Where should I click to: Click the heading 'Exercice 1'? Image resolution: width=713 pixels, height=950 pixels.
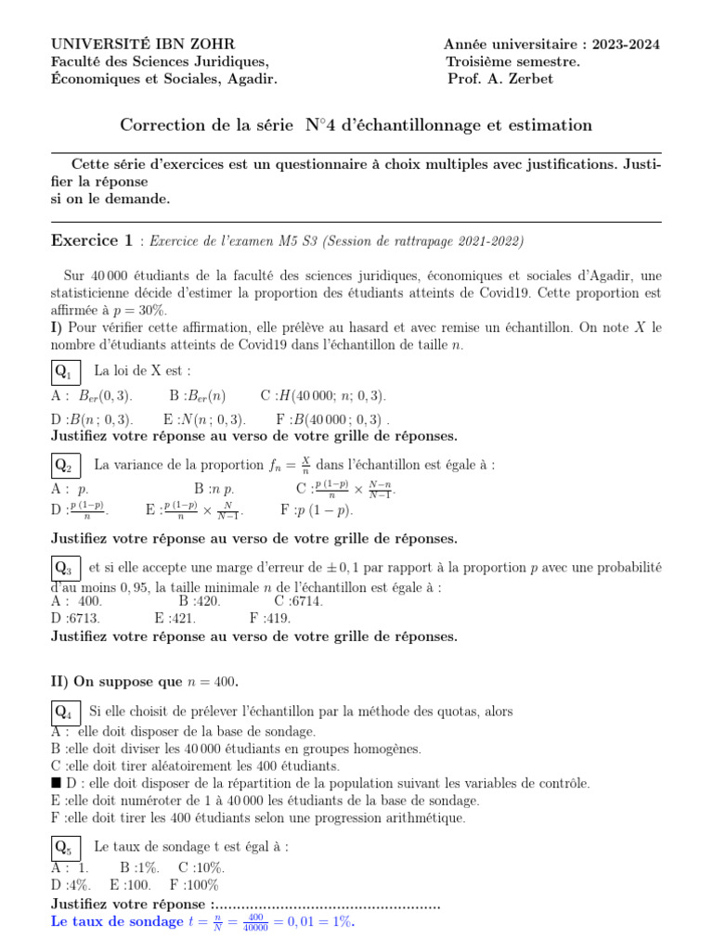coord(92,241)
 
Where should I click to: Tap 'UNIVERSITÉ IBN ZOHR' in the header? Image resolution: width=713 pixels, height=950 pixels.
coord(142,45)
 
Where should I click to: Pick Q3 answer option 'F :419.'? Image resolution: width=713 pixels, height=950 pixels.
coord(270,618)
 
